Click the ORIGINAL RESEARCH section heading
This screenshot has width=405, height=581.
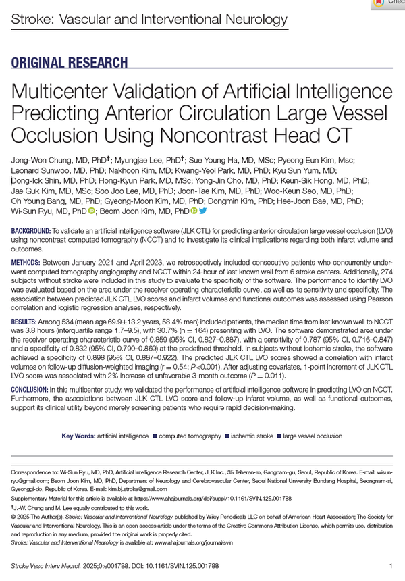point(70,63)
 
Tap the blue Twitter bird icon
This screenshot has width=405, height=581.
point(202,211)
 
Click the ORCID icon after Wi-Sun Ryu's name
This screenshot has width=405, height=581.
point(92,211)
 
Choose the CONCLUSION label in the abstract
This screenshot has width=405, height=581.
point(30,390)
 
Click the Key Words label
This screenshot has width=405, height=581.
point(78,436)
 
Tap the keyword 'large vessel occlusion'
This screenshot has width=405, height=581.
point(313,436)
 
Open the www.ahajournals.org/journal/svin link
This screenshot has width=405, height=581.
point(196,541)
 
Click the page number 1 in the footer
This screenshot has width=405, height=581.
point(391,565)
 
